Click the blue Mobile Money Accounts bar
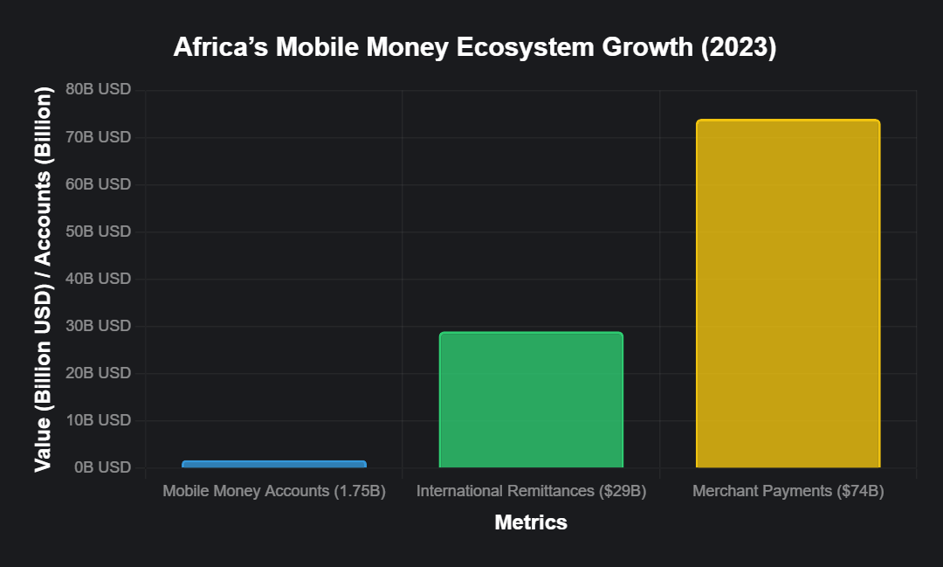[274, 464]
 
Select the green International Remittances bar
[531, 399]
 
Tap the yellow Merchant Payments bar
[788, 294]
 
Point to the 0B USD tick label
[102, 467]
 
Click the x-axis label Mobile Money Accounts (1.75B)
[274, 491]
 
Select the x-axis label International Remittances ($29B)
[531, 491]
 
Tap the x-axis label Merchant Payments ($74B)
[788, 491]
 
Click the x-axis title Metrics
[531, 522]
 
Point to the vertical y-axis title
[44, 279]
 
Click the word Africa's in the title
[221, 47]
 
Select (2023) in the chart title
[739, 47]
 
